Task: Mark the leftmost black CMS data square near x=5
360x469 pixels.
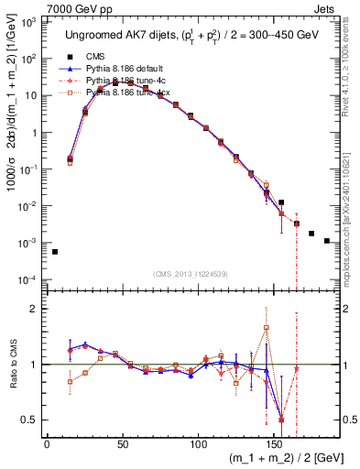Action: pyautogui.click(x=55, y=252)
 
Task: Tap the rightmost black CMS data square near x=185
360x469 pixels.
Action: pyautogui.click(x=327, y=241)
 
